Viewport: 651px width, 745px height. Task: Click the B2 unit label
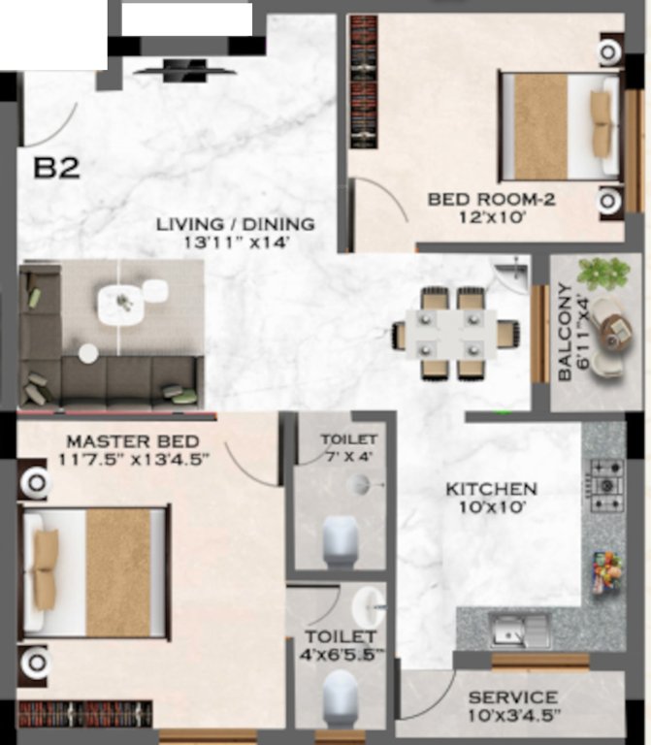point(57,168)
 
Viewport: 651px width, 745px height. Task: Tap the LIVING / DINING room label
point(236,224)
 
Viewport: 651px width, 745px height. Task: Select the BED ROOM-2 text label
point(491,200)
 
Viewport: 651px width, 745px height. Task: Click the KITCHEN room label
point(491,489)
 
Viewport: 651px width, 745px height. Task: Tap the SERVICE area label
point(512,697)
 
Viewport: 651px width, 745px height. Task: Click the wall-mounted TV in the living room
point(183,68)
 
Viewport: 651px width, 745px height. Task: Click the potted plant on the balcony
point(602,271)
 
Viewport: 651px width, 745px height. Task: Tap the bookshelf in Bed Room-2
point(363,81)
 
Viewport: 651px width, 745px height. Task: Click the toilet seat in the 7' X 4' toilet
point(341,539)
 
